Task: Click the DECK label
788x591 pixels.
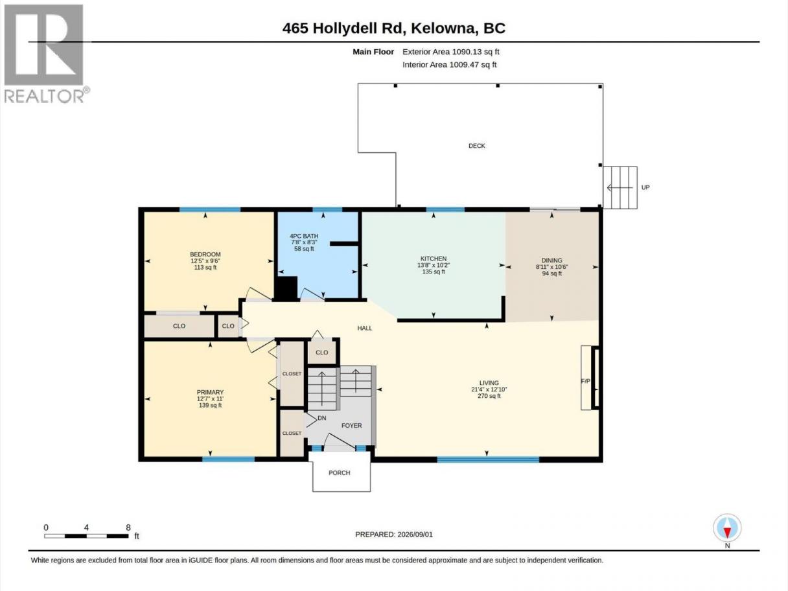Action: [x=477, y=146]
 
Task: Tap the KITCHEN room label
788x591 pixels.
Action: [x=434, y=259]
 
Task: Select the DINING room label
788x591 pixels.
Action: [x=551, y=261]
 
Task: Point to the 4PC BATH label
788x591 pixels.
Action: [x=304, y=236]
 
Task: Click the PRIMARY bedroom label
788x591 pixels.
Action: [x=210, y=392]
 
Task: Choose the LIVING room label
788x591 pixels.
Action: [x=489, y=383]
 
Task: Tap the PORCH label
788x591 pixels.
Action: [x=340, y=473]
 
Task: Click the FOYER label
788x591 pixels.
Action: [x=351, y=426]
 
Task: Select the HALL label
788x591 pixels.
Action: [x=365, y=328]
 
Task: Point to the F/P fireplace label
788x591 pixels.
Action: [x=586, y=381]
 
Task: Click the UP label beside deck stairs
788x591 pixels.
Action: [x=645, y=187]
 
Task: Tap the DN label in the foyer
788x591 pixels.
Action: [x=322, y=418]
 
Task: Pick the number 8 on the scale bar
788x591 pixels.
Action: [x=128, y=527]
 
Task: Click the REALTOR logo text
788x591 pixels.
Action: [x=45, y=96]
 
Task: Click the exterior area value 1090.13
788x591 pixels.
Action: [x=467, y=52]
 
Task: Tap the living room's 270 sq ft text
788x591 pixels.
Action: [x=489, y=396]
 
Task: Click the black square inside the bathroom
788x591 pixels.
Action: [x=286, y=288]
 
